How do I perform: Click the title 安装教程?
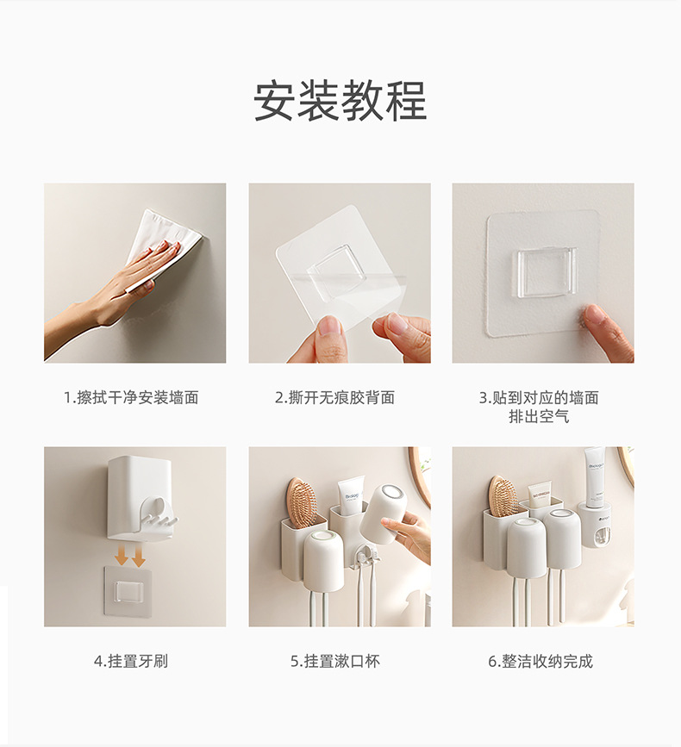click(x=340, y=101)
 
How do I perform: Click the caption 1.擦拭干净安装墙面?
click(x=131, y=397)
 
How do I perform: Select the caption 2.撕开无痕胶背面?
click(x=334, y=397)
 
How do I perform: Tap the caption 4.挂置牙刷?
click(x=130, y=661)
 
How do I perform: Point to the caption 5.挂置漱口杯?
click(x=335, y=661)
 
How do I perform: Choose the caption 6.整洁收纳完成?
click(x=540, y=661)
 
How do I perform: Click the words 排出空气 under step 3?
click(x=539, y=417)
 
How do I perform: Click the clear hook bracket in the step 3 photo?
click(x=547, y=273)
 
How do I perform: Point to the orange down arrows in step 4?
click(x=130, y=556)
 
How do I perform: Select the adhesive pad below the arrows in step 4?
click(x=128, y=591)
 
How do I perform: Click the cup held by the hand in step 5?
click(x=384, y=514)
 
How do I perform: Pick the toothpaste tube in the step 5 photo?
click(x=351, y=496)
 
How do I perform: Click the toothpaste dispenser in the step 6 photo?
click(x=596, y=524)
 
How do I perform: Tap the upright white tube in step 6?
click(x=595, y=476)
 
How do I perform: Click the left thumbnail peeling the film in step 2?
click(x=328, y=327)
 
